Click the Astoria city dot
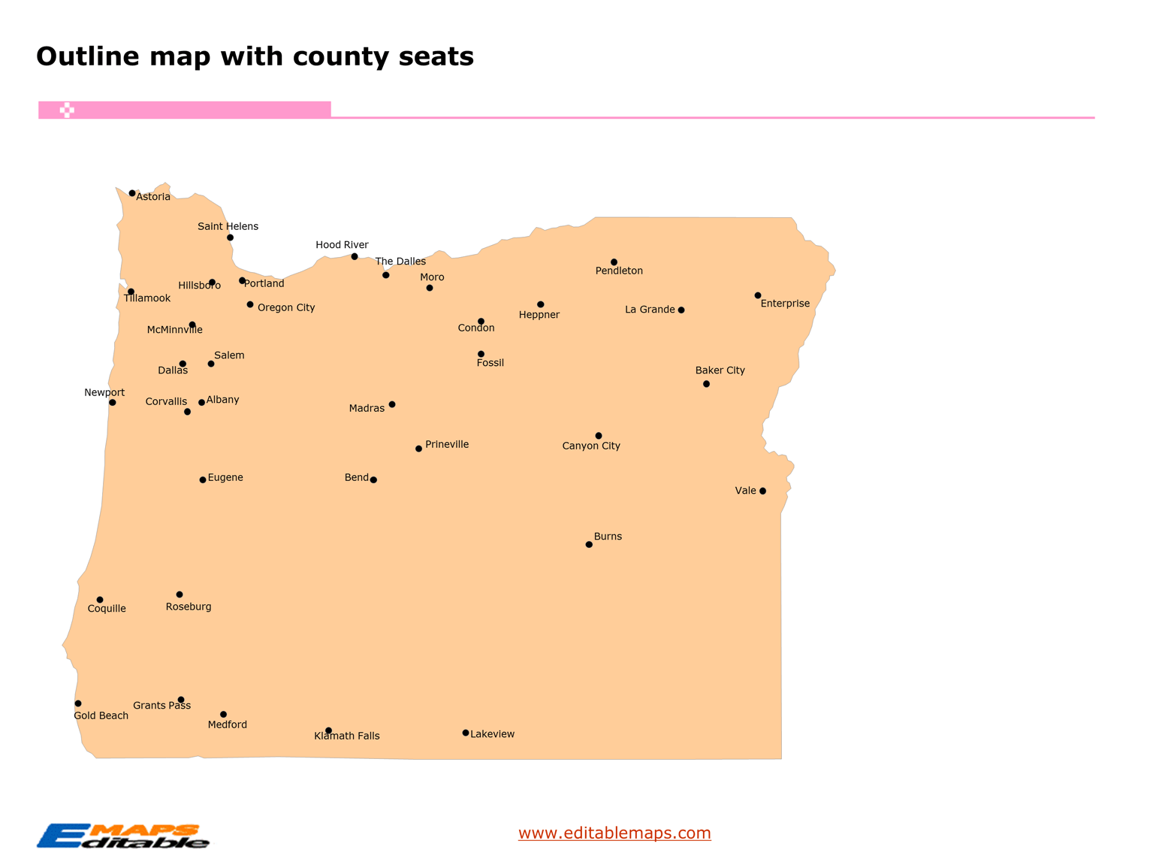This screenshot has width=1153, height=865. click(x=132, y=193)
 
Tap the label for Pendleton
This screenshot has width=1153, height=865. click(x=619, y=271)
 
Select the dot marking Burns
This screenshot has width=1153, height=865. click(x=589, y=544)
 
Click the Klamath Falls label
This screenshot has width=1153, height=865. click(x=347, y=736)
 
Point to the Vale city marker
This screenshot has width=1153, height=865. click(x=762, y=491)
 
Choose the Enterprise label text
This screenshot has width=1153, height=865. click(x=785, y=304)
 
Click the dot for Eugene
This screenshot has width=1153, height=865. click(x=203, y=479)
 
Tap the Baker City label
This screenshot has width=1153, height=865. click(x=720, y=370)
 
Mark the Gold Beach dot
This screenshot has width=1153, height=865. click(x=78, y=703)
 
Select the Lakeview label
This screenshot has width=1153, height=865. click(x=493, y=734)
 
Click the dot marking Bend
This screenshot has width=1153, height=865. click(x=373, y=479)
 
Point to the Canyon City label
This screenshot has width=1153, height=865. click(x=591, y=446)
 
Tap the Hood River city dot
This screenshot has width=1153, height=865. click(x=355, y=256)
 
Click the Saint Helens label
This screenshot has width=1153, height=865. click(x=228, y=226)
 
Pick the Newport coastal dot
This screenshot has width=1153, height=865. click(x=113, y=402)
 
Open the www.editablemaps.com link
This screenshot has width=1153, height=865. click(x=614, y=833)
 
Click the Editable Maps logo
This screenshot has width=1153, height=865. click(x=123, y=836)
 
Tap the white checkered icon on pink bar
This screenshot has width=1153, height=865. click(x=67, y=110)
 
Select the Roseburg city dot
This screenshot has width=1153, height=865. click(x=180, y=594)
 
